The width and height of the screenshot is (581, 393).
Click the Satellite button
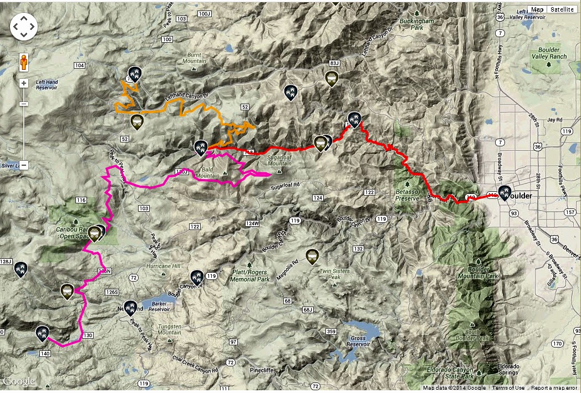(562, 9)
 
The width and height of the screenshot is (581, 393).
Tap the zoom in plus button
(24, 84)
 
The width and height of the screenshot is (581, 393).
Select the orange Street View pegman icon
(24, 63)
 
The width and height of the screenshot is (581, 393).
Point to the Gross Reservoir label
(358, 341)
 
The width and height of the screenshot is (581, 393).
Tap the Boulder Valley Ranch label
(548, 53)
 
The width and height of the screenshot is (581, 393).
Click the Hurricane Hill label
(163, 266)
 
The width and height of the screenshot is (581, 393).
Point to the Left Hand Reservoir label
(47, 85)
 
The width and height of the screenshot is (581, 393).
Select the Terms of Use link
(508, 388)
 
